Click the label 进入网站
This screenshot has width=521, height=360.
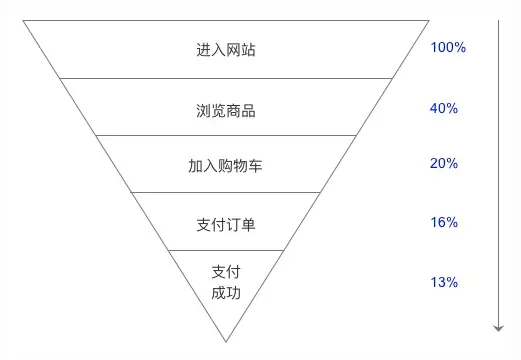226,49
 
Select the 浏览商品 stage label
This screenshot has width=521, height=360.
226,108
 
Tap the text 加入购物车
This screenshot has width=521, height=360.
226,165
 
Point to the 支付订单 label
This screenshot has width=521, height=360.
226,223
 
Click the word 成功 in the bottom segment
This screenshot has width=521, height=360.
226,293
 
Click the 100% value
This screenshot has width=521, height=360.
448,48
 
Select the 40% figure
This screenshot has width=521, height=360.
443,107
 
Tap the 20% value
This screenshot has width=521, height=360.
443,164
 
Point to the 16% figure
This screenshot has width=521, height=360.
443,222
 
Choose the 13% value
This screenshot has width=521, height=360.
443,282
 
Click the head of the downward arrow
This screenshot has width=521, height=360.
497,328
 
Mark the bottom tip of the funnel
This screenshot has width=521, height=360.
226,341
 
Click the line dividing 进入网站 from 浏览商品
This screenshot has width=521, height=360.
226,78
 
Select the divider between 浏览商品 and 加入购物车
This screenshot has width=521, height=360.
226,135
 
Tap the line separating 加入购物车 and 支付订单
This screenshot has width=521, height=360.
226,193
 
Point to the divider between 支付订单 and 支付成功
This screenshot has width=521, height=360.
226,250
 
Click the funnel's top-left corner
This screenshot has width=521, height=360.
23,20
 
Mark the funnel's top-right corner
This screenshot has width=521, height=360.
430,20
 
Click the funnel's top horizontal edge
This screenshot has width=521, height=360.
226,20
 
